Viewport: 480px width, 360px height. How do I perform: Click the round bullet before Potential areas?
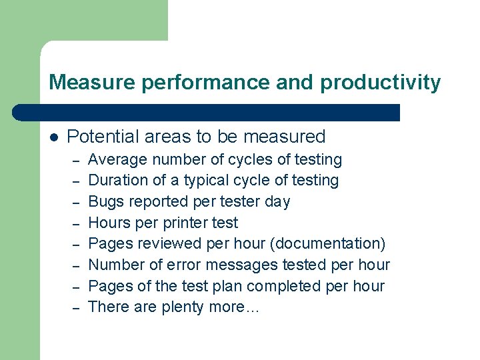(x=54, y=137)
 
